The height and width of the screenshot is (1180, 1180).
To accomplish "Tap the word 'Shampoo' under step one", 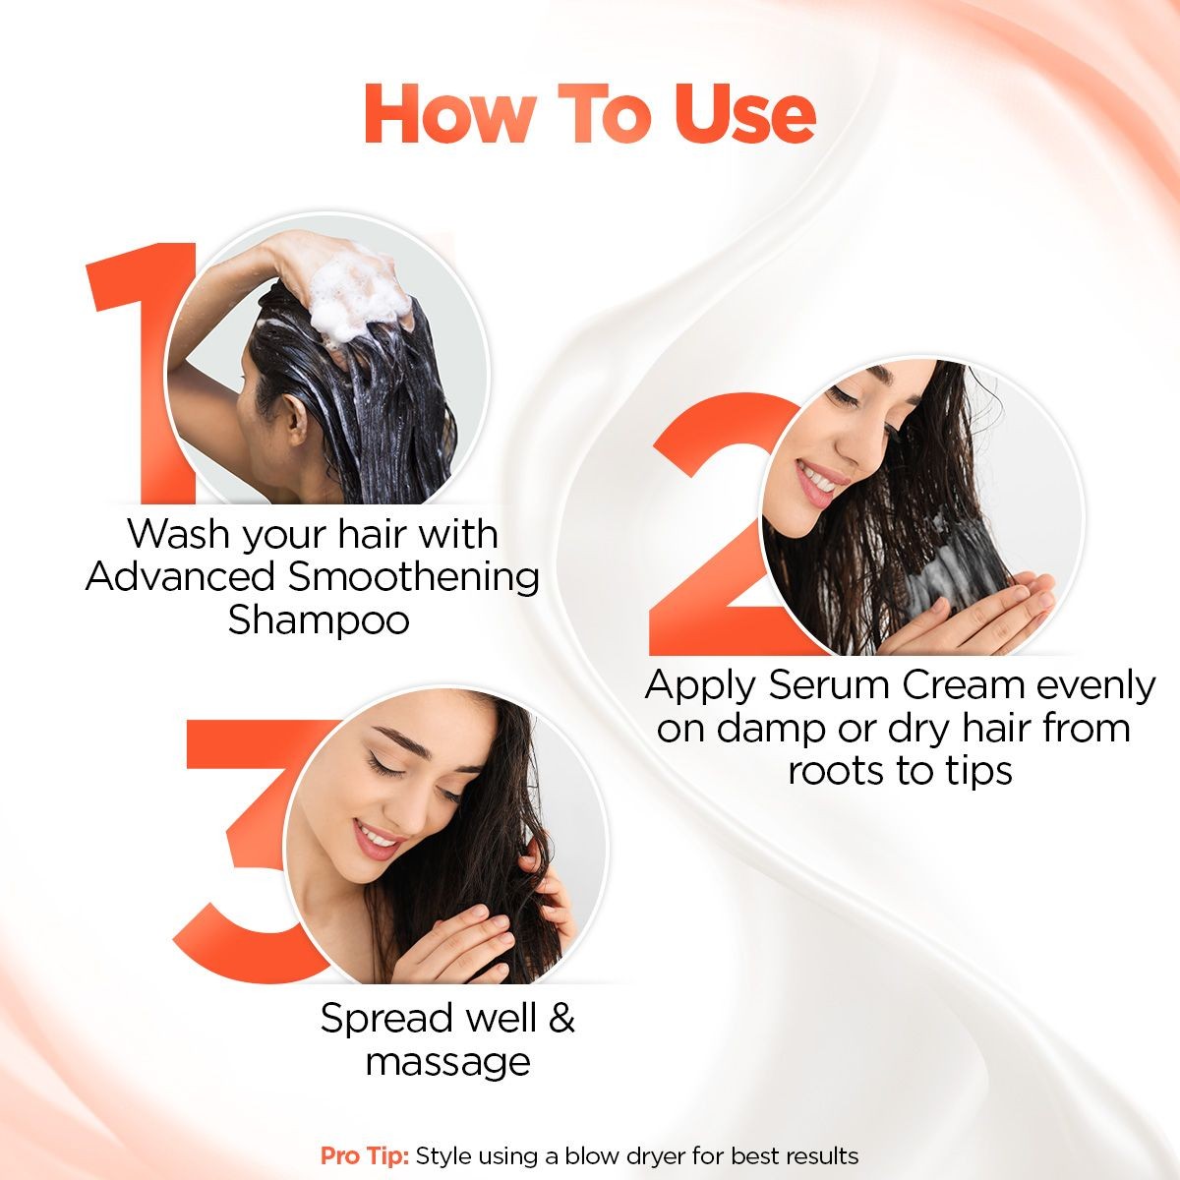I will pos(319,620).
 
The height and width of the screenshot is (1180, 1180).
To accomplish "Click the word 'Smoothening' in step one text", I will pos(413,577).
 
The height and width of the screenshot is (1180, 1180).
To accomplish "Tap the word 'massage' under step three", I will pos(447,1063).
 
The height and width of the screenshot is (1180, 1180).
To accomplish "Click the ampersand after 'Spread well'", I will pos(561,1018).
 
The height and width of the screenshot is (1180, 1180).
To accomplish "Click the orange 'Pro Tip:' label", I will pos(364,1155).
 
